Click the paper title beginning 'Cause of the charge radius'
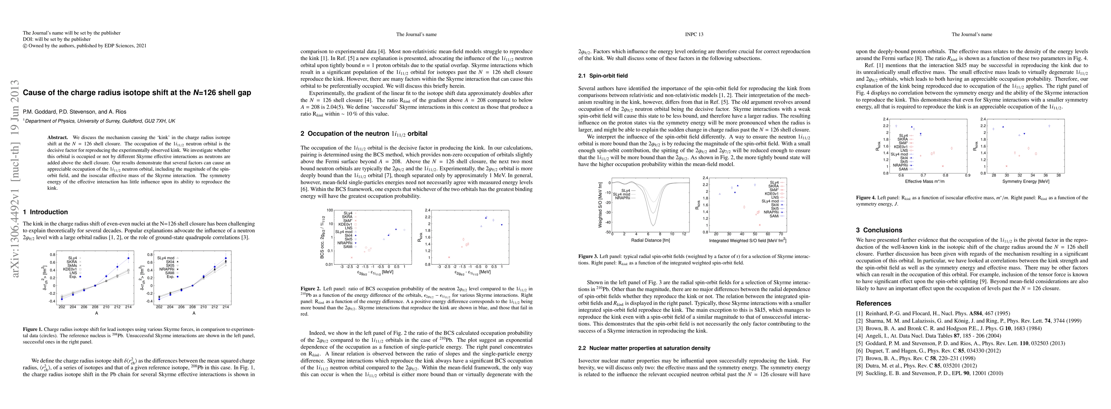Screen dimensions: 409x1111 (x=137, y=92)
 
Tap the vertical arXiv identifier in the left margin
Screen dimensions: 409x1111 (x=16, y=179)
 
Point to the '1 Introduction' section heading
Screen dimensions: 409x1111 (x=45, y=212)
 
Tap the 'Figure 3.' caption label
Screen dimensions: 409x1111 (x=588, y=256)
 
